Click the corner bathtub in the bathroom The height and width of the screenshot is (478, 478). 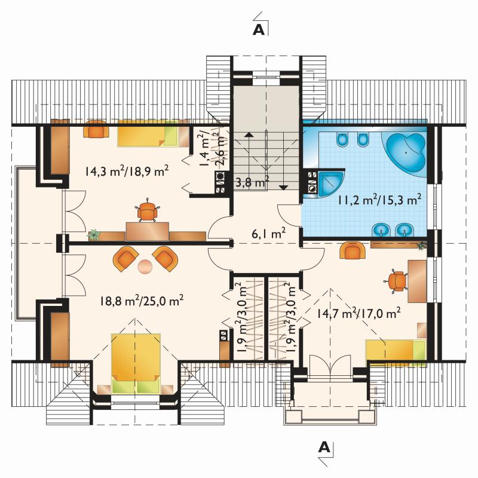click(x=406, y=152)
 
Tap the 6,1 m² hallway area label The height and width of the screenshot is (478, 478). click(x=268, y=234)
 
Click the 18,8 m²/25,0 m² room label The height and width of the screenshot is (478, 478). click(x=142, y=301)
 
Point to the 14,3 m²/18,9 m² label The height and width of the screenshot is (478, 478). click(x=127, y=171)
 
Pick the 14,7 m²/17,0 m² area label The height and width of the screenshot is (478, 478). click(x=358, y=313)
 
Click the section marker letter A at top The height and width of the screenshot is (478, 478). click(x=259, y=30)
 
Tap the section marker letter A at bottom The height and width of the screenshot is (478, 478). click(x=324, y=447)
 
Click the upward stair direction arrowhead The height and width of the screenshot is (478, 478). click(x=249, y=133)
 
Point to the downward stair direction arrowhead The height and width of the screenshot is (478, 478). click(x=283, y=188)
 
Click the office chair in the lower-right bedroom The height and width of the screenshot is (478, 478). click(x=397, y=281)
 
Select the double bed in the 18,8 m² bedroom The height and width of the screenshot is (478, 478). click(x=136, y=363)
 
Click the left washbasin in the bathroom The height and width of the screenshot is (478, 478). click(x=381, y=230)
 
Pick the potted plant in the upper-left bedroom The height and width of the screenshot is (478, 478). click(x=94, y=234)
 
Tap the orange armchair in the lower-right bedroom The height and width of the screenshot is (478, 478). click(x=353, y=250)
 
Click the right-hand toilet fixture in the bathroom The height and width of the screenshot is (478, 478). click(x=362, y=140)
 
